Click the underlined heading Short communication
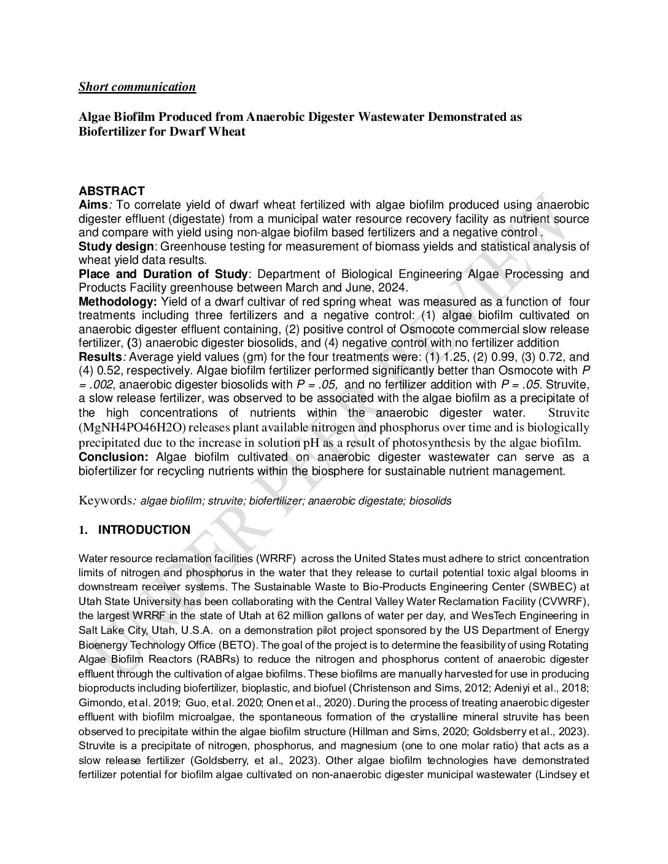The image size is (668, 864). click(137, 87)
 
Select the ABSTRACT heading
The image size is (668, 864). click(112, 191)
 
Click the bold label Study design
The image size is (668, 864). click(116, 247)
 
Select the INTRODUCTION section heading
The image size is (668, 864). click(144, 530)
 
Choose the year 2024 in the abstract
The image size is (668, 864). click(394, 288)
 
